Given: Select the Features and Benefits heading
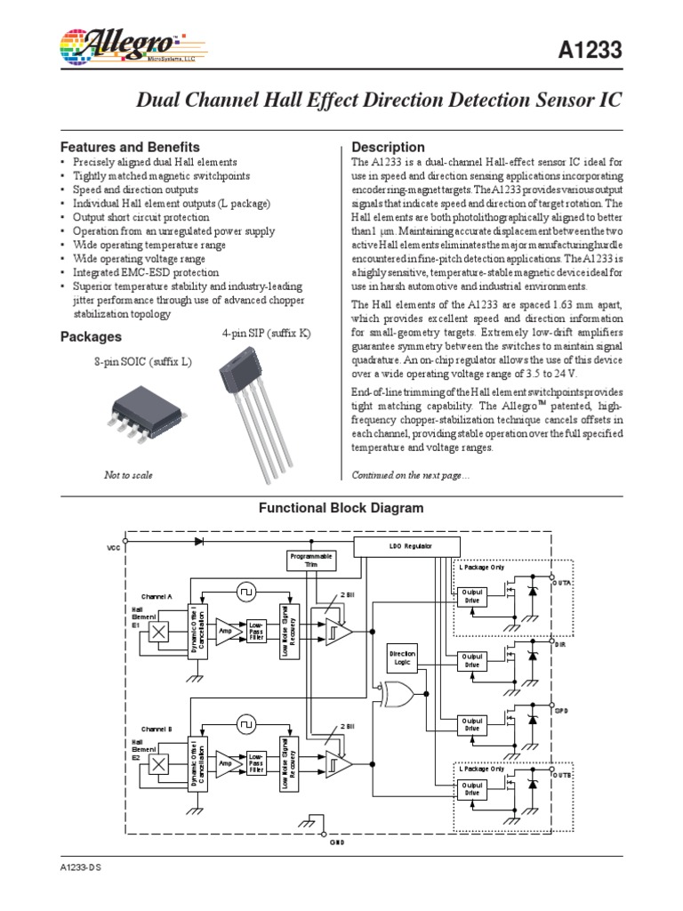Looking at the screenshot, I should tap(129, 147).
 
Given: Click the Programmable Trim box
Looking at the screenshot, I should tap(309, 560).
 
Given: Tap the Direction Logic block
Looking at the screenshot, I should tap(403, 657).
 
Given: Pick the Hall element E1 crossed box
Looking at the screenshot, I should tap(160, 631).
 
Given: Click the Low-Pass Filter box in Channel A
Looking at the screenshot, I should tap(257, 630).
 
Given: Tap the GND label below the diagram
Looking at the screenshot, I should tap(339, 842).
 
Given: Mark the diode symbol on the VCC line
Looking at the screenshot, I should tap(198, 539).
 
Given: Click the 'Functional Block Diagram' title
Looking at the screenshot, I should tap(341, 508).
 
